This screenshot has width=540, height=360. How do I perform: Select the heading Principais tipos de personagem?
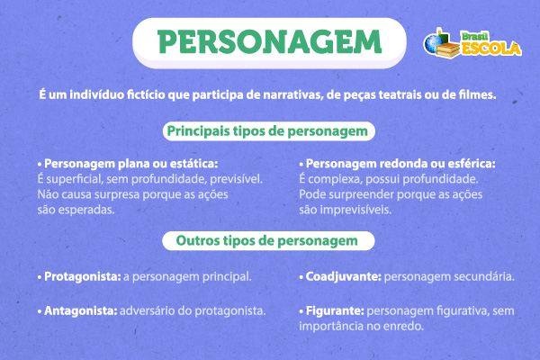point(270,131)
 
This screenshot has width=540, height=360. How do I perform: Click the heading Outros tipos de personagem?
point(270,241)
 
